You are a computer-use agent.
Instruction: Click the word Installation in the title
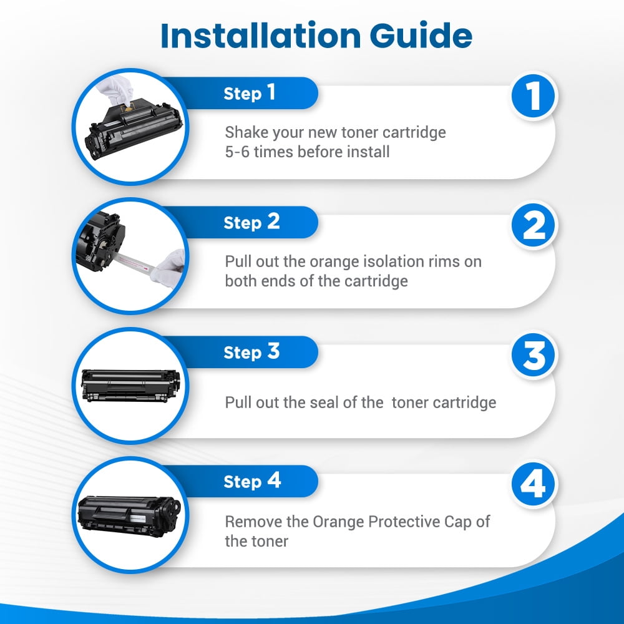coord(261,36)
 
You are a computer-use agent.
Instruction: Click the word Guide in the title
coord(421,36)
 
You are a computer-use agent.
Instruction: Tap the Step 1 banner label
coord(250,93)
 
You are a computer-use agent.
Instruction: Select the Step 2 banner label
coord(251,223)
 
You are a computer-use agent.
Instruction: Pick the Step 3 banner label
coord(251,352)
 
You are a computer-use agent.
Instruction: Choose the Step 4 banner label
coord(252,481)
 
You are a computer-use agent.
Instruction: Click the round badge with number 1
coord(534,96)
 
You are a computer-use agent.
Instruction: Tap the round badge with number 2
coord(534,225)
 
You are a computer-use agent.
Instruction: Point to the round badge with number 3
coord(534,354)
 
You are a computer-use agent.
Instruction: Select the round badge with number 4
coord(534,484)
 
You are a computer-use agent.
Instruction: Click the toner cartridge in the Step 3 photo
coord(130,385)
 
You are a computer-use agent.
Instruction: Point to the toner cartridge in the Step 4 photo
coord(129,516)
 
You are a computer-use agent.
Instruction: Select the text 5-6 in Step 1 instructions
coord(237,152)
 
